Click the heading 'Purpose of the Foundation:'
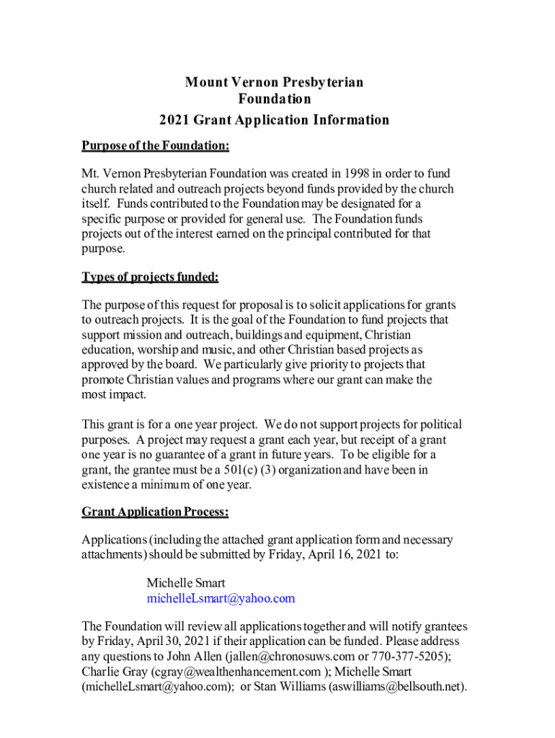156,146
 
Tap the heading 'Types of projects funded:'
150,277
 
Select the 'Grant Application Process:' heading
156,512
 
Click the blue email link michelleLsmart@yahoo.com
221,598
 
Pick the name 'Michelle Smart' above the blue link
186,583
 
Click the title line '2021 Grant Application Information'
274,120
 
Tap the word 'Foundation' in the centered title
274,99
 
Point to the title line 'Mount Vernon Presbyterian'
274,82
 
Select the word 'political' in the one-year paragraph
434,424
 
